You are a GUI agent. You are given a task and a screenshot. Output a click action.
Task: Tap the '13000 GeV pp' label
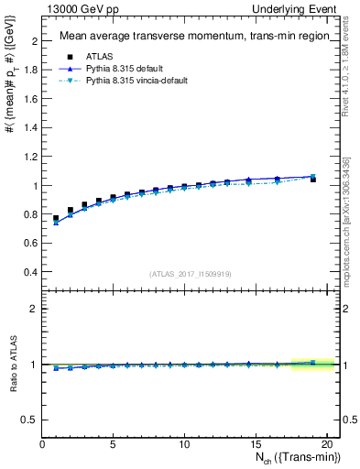78,8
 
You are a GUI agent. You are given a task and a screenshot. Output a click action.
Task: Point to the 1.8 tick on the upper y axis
30,70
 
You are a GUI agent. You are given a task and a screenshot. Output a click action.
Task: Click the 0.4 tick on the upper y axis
30,272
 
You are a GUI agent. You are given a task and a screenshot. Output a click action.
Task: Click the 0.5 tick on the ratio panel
30,420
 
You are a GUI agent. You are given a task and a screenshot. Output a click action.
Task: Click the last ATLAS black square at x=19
313,180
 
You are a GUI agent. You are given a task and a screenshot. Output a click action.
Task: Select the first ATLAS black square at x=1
57,219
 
